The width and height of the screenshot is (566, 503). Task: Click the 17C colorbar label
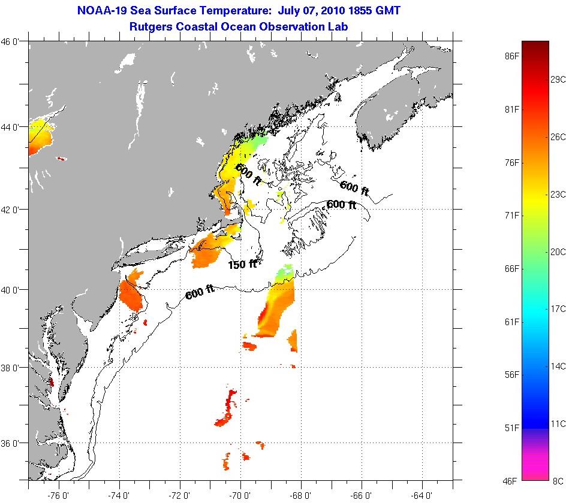[558, 309]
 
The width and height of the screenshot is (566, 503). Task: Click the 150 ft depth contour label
[242, 263]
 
